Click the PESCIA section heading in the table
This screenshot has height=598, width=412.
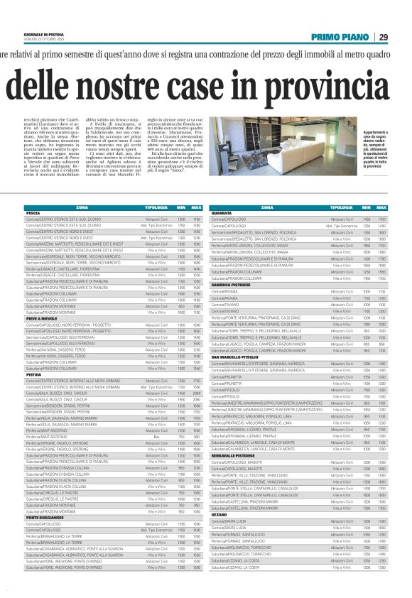[33, 212]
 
